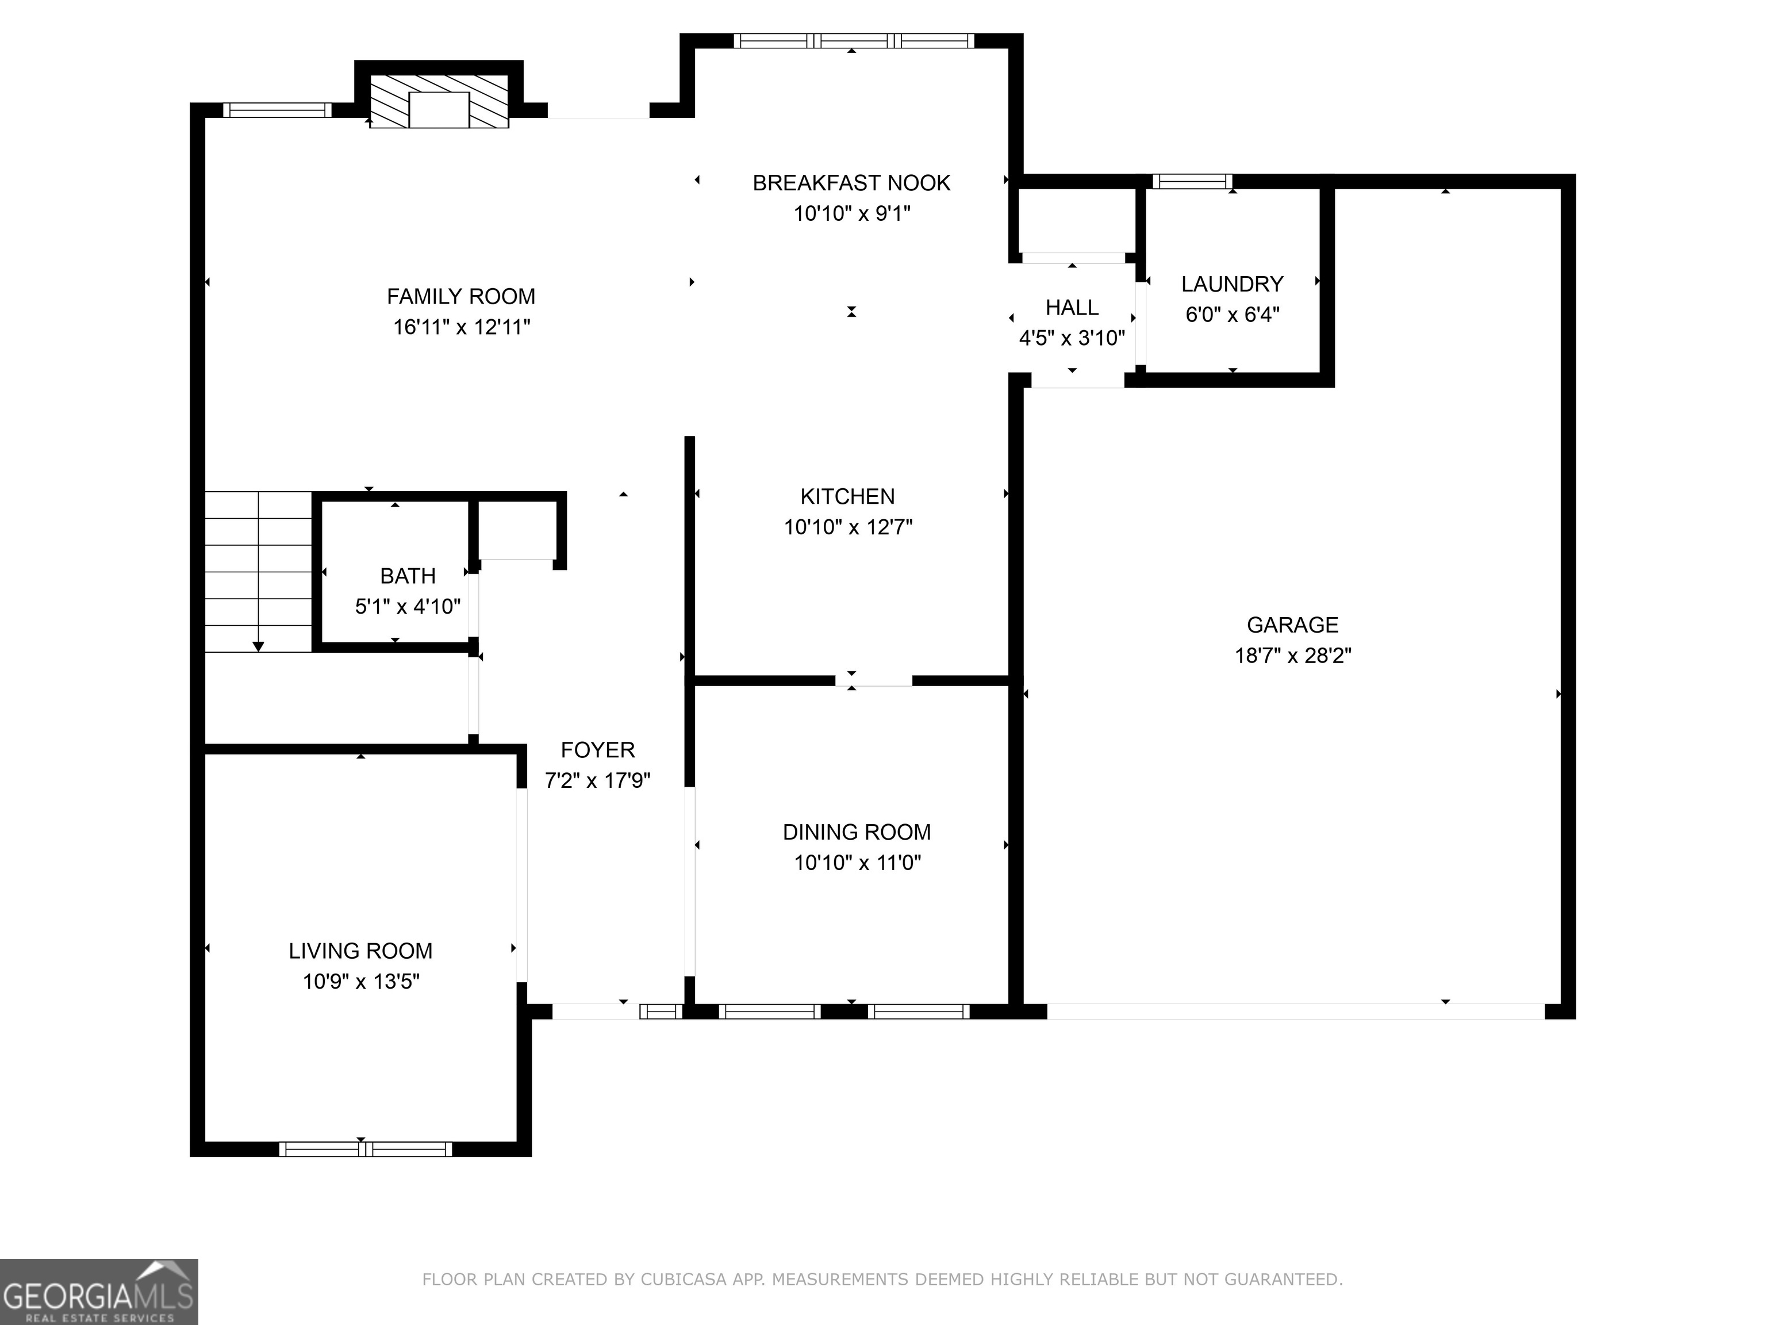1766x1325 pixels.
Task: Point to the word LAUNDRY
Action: [x=1232, y=284]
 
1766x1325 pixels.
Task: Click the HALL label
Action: [x=1072, y=308]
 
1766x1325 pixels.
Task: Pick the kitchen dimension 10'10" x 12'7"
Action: [x=848, y=527]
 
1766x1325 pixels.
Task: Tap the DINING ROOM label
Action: [x=857, y=832]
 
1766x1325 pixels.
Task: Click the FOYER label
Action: [x=597, y=750]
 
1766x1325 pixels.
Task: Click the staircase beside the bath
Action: [x=258, y=572]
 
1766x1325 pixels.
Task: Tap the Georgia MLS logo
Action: [x=99, y=1292]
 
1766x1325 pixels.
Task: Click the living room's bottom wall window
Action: [x=366, y=1149]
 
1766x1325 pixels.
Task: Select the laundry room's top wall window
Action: [x=1192, y=181]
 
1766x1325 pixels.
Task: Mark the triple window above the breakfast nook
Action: [x=854, y=41]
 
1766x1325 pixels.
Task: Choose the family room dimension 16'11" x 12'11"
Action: [x=462, y=327]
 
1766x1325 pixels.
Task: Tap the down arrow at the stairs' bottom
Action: [x=258, y=646]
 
